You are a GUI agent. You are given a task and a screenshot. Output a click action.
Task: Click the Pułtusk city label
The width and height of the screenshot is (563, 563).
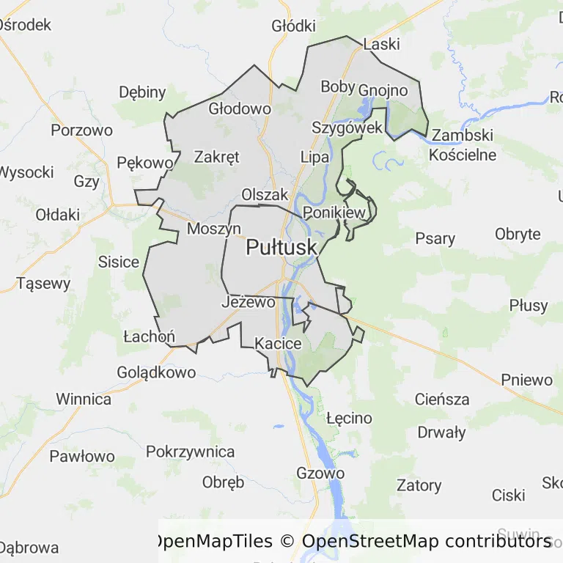281,248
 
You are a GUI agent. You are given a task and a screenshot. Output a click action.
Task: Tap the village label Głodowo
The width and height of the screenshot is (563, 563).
240,108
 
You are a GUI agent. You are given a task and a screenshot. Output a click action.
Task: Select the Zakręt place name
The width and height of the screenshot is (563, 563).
216,156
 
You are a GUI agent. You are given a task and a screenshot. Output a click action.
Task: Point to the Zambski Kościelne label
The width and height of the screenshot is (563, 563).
463,145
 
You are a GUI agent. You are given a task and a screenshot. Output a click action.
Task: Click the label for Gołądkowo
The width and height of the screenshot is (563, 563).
156,372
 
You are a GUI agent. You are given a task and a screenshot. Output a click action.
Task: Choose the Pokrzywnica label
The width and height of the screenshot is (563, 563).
191,452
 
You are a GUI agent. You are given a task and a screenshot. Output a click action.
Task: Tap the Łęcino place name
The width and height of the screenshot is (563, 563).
349,419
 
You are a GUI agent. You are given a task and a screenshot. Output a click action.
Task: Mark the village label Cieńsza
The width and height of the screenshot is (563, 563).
442,400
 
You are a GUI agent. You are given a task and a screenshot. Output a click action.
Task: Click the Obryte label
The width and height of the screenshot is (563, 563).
518,235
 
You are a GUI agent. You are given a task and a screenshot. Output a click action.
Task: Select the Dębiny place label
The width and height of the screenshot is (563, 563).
142,92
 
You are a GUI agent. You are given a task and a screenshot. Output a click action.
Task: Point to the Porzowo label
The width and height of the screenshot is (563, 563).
81,130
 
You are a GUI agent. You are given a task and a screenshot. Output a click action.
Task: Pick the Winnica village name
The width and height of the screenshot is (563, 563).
84,400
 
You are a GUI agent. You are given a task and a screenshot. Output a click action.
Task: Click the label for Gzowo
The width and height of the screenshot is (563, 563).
320,473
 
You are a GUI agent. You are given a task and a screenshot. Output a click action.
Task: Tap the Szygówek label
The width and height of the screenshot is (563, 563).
347,128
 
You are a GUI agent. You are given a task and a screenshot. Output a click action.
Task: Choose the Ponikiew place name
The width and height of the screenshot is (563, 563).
334,213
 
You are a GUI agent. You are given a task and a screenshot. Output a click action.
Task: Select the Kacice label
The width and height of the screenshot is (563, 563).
278,343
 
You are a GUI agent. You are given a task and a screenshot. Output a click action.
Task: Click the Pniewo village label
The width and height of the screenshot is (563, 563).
526,380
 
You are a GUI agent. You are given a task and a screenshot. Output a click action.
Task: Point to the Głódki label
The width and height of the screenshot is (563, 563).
293,26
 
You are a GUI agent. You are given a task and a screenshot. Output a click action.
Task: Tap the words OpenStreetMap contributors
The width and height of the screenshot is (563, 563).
426,542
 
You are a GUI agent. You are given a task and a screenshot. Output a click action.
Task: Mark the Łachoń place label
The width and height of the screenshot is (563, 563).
149,336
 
